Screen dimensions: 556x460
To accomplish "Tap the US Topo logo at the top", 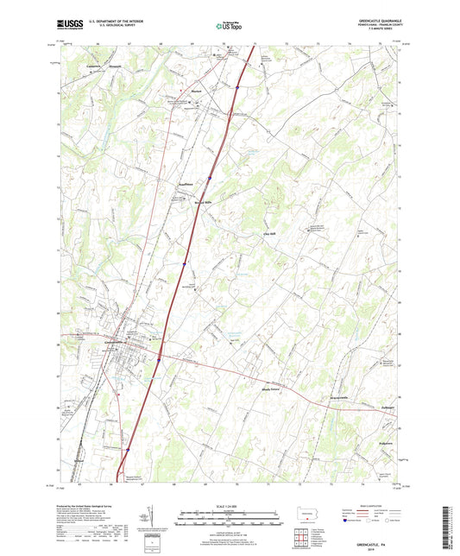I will click(227, 26).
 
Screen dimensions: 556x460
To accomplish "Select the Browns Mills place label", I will click(201, 203).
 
